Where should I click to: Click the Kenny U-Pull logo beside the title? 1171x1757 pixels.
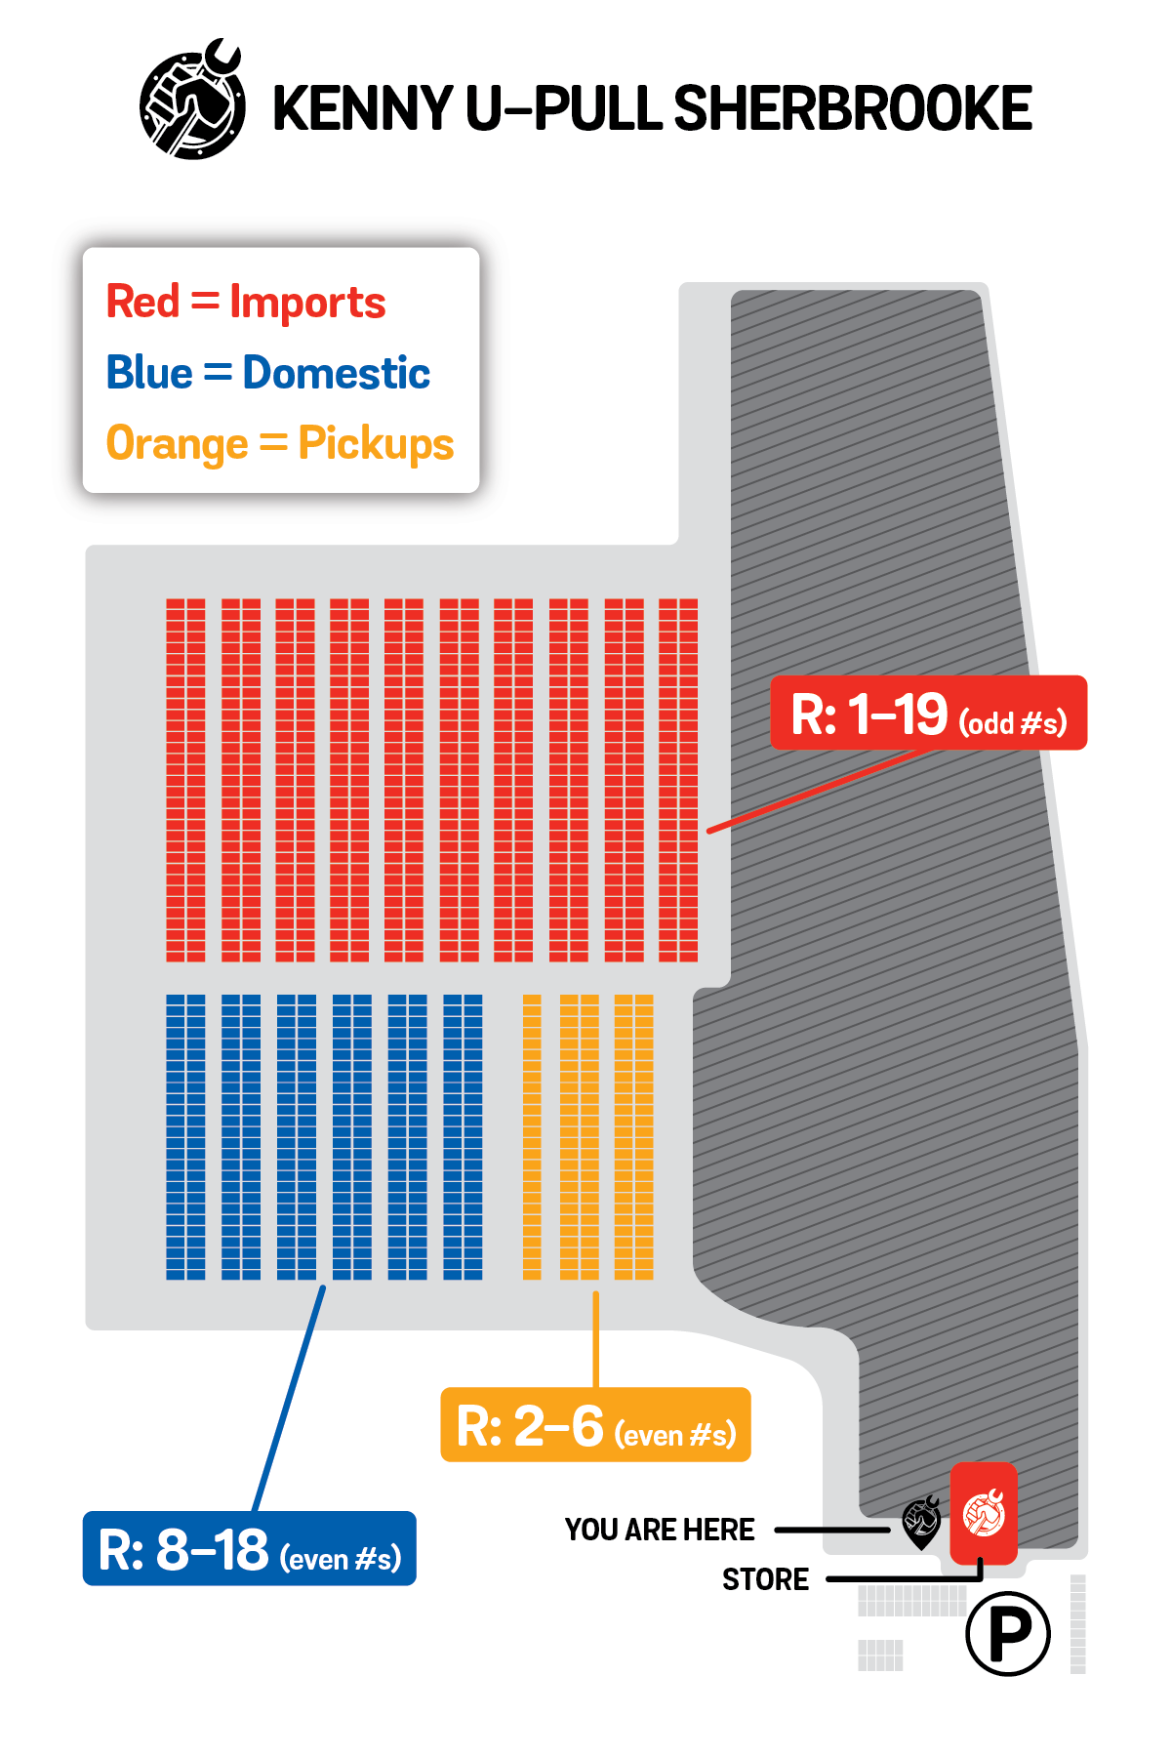pos(192,101)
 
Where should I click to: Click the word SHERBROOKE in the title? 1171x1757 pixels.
pos(853,107)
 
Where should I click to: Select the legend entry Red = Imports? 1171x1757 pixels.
pos(246,302)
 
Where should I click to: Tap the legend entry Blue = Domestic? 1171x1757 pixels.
pos(268,372)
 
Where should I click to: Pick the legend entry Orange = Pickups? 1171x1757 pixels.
pos(280,444)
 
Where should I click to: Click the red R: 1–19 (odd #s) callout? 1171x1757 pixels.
pos(928,713)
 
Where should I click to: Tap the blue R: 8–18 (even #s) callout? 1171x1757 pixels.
pos(250,1548)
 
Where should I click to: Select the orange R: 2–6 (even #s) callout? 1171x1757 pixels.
pos(595,1425)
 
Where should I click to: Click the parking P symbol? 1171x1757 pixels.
pos(1008,1633)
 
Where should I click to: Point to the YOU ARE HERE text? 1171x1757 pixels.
pos(660,1530)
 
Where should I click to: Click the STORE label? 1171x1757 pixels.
pos(765,1579)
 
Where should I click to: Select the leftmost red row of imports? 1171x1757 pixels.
pos(185,780)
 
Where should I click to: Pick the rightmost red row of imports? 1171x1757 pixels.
pos(678,780)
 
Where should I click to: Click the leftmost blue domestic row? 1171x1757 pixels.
pos(185,1137)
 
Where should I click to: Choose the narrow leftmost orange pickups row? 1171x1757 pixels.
pos(532,1137)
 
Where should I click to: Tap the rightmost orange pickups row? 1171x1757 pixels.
pos(634,1137)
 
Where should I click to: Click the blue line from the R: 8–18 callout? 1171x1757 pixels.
pos(289,1399)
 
